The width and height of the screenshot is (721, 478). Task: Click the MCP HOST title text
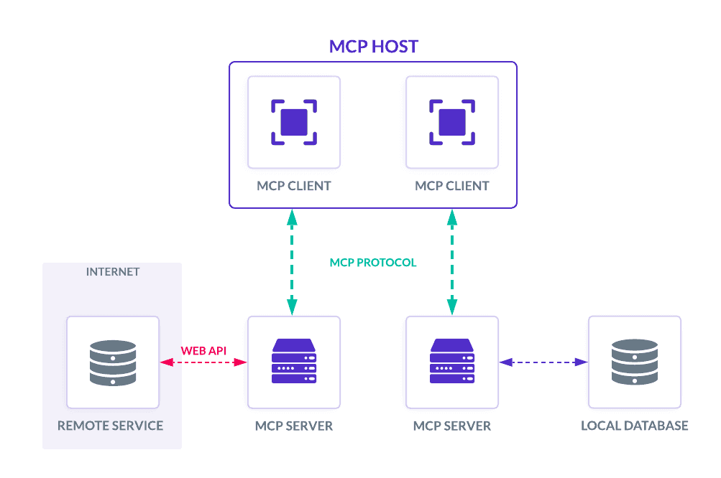[x=374, y=47]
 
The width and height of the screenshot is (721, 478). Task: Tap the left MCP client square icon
[x=293, y=122]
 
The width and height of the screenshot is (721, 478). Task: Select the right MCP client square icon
[x=451, y=122]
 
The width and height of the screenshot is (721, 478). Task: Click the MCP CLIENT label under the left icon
[x=293, y=186]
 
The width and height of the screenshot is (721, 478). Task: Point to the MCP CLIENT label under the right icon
[x=451, y=186]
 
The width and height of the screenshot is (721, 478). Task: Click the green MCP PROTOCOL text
[x=372, y=263]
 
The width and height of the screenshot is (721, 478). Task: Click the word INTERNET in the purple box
[x=112, y=272]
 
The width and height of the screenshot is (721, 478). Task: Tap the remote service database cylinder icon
[x=113, y=362]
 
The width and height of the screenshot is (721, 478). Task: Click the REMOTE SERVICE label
[x=111, y=426]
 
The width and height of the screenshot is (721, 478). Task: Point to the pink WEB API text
[x=203, y=351]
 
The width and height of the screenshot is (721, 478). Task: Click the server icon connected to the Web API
[x=293, y=362]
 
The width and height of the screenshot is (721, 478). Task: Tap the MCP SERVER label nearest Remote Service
[x=293, y=426]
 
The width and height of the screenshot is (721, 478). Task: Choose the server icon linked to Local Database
[x=451, y=362]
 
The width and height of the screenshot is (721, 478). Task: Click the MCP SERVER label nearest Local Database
[x=451, y=426]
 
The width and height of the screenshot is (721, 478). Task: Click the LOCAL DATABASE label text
[x=634, y=426]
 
